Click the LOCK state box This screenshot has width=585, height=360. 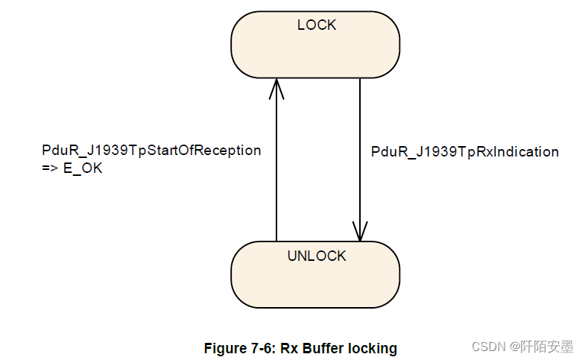pos(315,49)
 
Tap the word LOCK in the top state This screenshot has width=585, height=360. pos(317,25)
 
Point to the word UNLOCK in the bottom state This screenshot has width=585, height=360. pos(317,256)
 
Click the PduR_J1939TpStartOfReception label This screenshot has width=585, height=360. pos(151,151)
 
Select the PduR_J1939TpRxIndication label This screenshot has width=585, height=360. pos(464,152)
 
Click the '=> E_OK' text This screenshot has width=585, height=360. pos(72,169)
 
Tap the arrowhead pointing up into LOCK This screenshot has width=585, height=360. pos(276,88)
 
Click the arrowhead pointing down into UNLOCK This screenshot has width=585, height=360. pos(361,232)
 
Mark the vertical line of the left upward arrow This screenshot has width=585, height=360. pos(276,164)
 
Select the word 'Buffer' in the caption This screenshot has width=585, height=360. pos(323,348)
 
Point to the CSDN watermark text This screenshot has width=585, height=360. pos(489,347)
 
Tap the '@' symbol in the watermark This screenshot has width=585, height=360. pos(515,347)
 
